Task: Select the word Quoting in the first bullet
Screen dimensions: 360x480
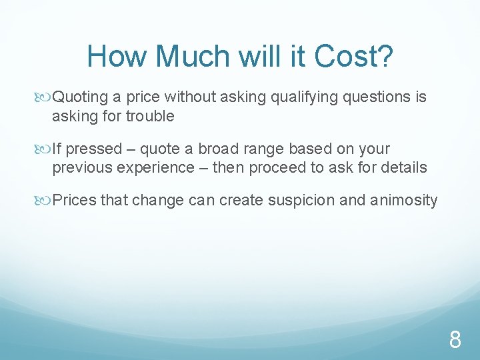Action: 80,97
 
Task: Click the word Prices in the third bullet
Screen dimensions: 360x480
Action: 75,200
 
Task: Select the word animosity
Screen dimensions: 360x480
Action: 404,200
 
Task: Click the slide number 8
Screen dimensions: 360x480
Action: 455,341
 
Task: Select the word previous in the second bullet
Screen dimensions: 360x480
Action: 82,167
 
